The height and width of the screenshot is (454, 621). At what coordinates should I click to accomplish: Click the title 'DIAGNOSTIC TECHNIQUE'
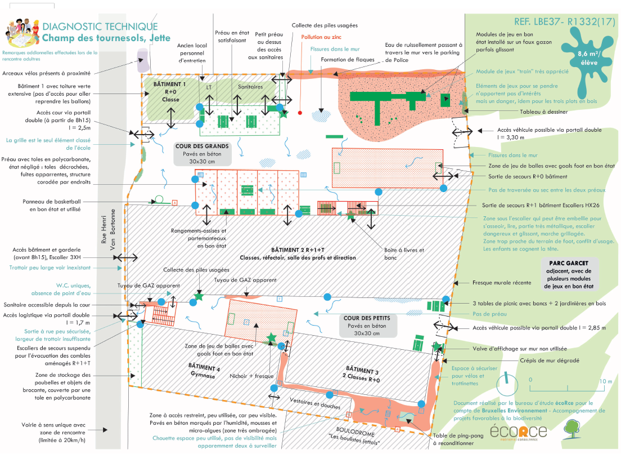[100, 27]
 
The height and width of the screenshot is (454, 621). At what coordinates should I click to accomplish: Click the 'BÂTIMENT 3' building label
[359, 373]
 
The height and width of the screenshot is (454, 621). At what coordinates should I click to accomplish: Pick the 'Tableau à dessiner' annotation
[510, 111]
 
